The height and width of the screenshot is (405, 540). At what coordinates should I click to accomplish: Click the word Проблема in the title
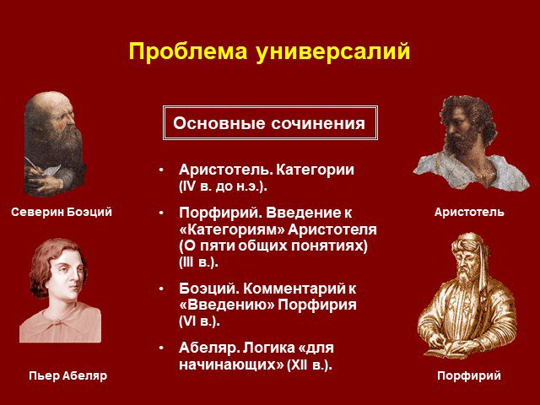[188, 51]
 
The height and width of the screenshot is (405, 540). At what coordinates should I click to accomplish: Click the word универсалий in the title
[333, 52]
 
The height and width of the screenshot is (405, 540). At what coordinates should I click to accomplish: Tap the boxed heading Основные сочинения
[269, 123]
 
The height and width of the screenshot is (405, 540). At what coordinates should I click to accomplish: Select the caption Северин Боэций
[62, 212]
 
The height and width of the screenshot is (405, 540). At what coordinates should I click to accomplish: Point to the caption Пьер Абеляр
[67, 375]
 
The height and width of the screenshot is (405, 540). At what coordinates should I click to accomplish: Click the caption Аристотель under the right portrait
[469, 212]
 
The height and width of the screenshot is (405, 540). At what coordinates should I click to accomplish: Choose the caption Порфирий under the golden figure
[469, 375]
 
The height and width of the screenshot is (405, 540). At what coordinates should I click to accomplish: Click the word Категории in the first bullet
[315, 170]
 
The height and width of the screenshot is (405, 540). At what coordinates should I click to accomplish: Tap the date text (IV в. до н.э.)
[223, 186]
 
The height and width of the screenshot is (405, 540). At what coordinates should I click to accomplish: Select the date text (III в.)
[199, 262]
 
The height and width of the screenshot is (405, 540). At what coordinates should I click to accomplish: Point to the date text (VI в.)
[199, 321]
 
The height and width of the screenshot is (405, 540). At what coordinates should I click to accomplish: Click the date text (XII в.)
[310, 364]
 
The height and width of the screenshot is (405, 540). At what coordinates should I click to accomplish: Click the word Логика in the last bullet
[267, 348]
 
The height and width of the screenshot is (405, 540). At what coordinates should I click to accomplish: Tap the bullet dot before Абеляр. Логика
[161, 348]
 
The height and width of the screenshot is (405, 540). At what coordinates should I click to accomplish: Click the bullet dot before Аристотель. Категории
[161, 170]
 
